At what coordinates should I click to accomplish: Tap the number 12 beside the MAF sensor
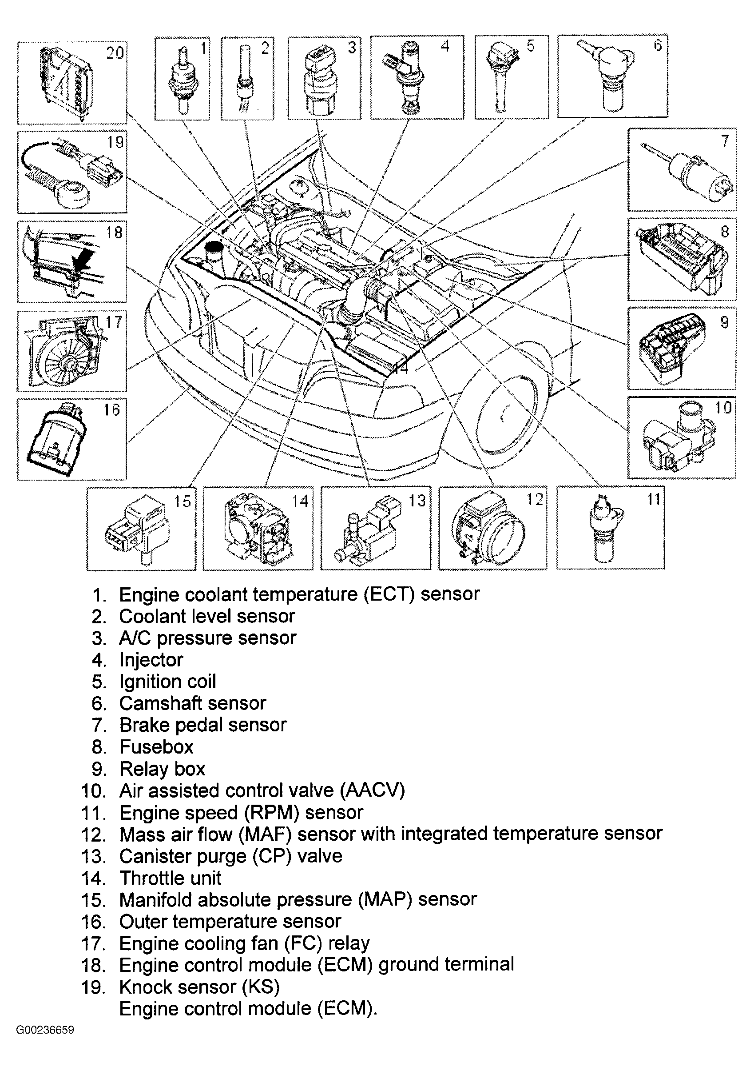point(535,500)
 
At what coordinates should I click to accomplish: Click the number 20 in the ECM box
point(115,52)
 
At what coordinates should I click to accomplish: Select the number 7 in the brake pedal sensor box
point(725,140)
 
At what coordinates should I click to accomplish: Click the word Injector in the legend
point(151,660)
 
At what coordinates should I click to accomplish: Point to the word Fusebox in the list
point(156,747)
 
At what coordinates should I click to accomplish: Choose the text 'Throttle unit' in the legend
point(171,878)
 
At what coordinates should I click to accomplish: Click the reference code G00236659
point(45,1030)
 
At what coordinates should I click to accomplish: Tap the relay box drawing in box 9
point(673,349)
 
